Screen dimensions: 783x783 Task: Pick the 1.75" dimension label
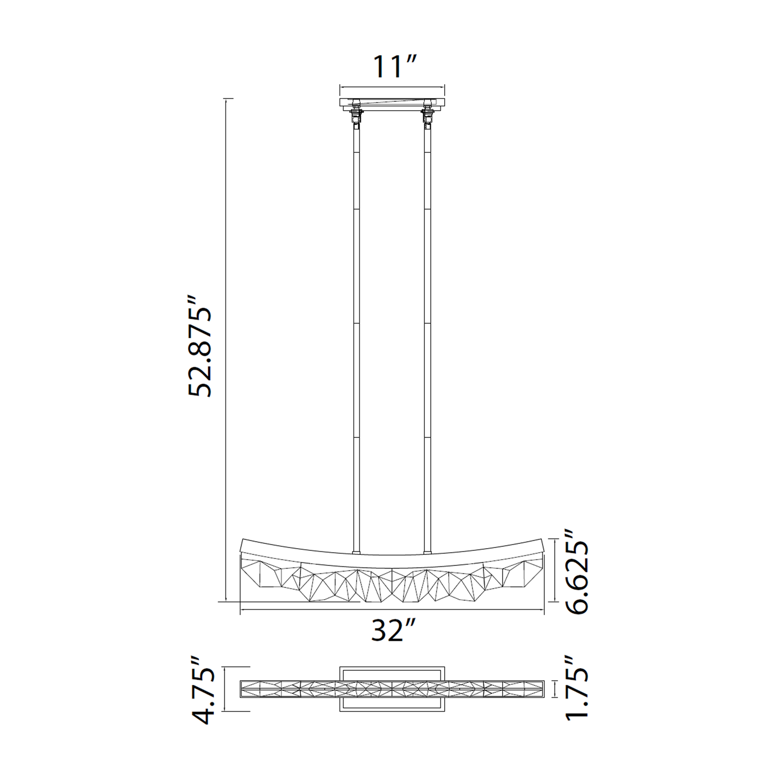pos(577,689)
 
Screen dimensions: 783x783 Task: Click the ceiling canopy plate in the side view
pos(392,104)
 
